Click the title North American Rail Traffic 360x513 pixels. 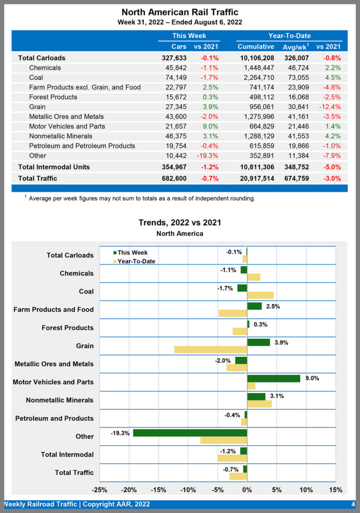coord(179,12)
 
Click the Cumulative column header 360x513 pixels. coord(256,47)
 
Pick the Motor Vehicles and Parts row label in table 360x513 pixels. coord(67,126)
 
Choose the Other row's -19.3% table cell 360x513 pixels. coord(207,156)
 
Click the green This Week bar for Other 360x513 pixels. coord(190,433)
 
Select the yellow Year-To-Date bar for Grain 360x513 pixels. coord(211,349)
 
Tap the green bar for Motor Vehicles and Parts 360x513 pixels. coord(274,378)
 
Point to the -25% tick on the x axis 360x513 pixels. coord(100,489)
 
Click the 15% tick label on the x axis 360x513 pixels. coord(335,489)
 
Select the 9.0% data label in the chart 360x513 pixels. coord(312,379)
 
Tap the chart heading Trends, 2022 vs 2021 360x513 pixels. coord(179,223)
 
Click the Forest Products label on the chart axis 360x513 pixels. coord(67,328)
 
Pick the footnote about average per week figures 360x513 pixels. coord(142,198)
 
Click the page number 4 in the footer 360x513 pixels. coord(353,504)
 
